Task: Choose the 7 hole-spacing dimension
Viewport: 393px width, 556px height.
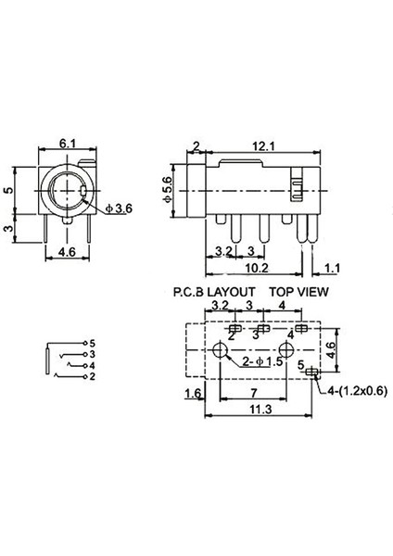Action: (251, 393)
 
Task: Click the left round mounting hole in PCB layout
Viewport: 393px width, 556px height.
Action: (220, 351)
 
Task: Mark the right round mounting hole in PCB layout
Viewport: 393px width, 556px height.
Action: (285, 351)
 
